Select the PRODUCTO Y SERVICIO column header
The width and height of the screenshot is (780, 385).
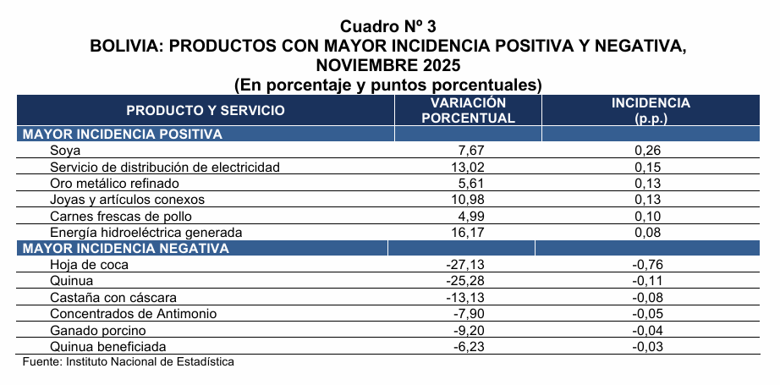(206, 110)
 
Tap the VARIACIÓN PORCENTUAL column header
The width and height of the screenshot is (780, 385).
(468, 110)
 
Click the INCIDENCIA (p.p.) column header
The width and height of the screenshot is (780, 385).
(651, 110)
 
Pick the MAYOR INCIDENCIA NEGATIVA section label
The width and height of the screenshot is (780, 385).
(125, 248)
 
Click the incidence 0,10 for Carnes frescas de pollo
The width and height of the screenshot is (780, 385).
(646, 216)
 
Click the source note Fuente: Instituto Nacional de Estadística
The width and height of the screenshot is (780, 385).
(128, 361)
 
